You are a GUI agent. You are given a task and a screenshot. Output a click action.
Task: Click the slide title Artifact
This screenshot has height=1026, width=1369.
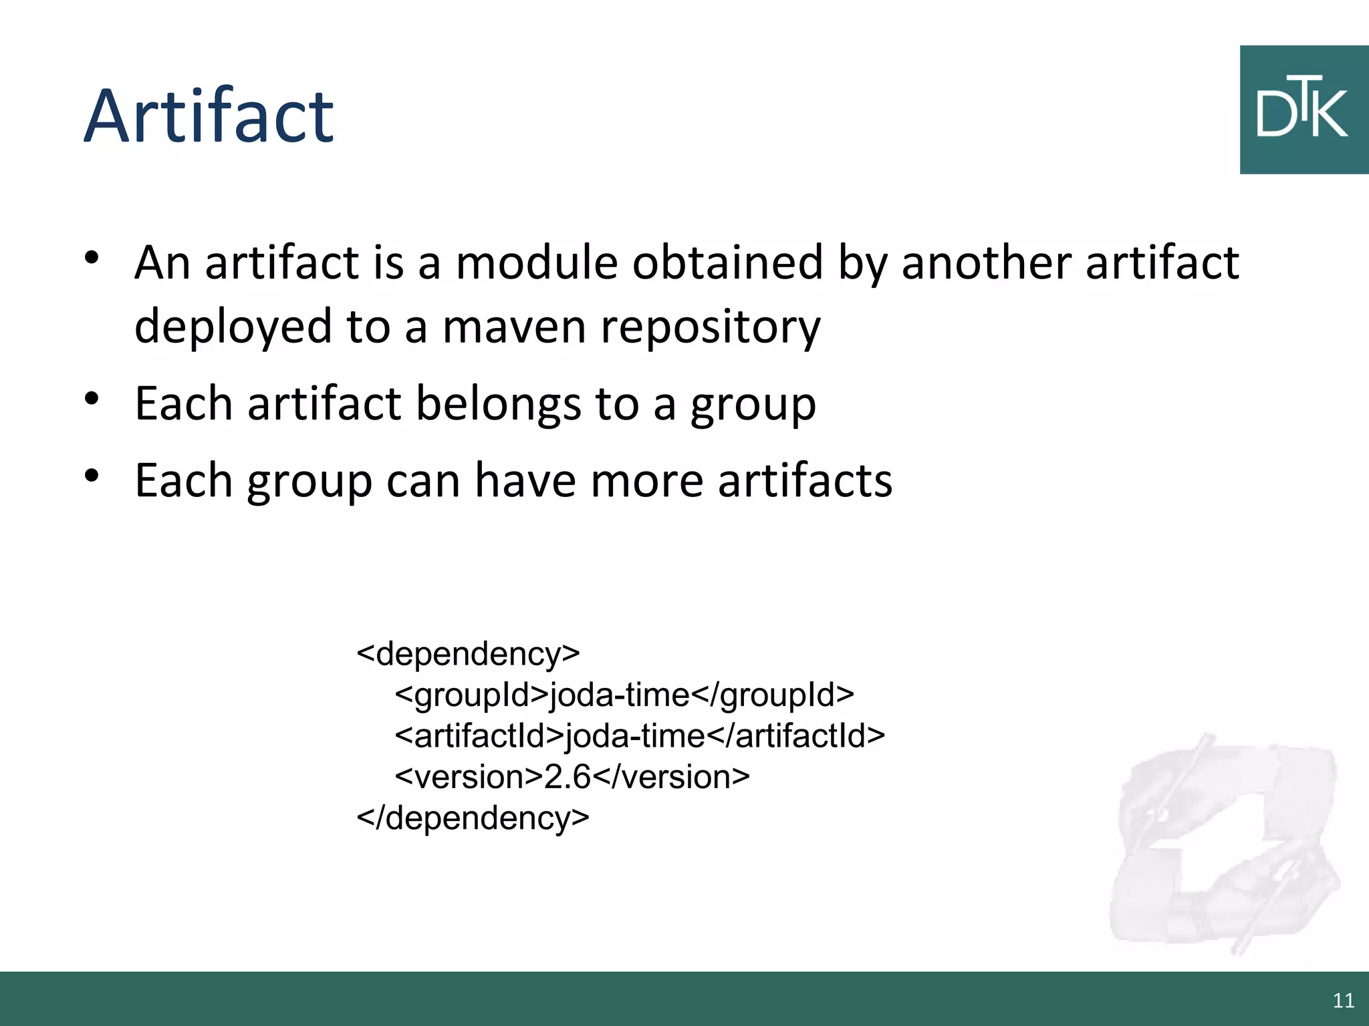pyautogui.click(x=209, y=117)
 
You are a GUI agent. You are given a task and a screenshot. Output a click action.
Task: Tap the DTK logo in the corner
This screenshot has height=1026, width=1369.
pyautogui.click(x=1303, y=110)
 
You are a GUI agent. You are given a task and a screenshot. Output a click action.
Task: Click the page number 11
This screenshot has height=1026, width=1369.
pyautogui.click(x=1343, y=1001)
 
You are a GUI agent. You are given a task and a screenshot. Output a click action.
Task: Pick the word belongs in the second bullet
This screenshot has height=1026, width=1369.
pyautogui.click(x=498, y=405)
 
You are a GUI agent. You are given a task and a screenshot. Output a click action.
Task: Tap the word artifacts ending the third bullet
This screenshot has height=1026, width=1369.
pyautogui.click(x=805, y=480)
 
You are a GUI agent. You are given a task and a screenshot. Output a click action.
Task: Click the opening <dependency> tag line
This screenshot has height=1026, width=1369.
pyautogui.click(x=468, y=653)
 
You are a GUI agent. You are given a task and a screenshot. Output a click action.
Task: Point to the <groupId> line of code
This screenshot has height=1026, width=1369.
pyautogui.click(x=624, y=695)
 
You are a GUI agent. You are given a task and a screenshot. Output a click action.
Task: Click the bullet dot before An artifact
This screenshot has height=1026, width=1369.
pyautogui.click(x=92, y=257)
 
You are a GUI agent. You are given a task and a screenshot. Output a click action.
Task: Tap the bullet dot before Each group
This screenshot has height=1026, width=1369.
pyautogui.click(x=92, y=476)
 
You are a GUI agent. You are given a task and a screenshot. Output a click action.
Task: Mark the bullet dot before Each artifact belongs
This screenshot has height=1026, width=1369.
pyautogui.click(x=92, y=399)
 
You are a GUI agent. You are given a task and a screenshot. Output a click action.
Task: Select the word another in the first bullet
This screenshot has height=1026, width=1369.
pyautogui.click(x=987, y=262)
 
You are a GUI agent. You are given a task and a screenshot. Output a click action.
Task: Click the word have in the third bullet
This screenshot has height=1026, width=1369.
pyautogui.click(x=525, y=480)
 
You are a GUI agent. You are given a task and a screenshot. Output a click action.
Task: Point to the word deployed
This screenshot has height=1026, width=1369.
pyautogui.click(x=233, y=327)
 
